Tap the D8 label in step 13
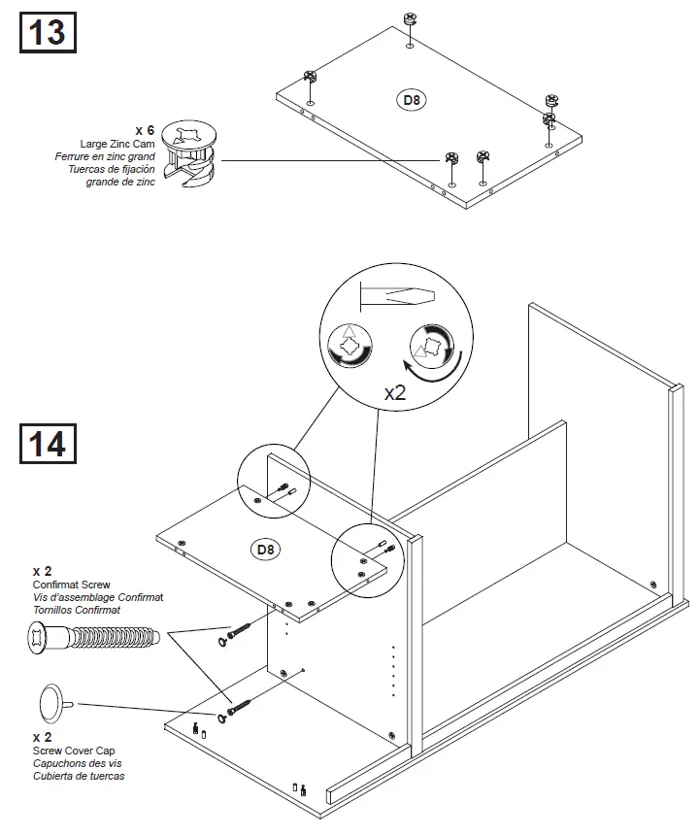pos(414,98)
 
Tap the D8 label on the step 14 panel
pos(266,550)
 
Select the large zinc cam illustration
pos(192,155)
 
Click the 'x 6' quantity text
pos(145,130)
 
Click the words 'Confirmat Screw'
pos(71,585)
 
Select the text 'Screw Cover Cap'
pos(73,751)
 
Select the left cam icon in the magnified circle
pos(350,346)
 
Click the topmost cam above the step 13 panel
pos(409,18)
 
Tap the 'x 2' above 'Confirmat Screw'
pos(42,571)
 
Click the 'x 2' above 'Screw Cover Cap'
pos(42,737)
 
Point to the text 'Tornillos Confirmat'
pos(77,610)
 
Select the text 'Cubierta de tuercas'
pos(79,776)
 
